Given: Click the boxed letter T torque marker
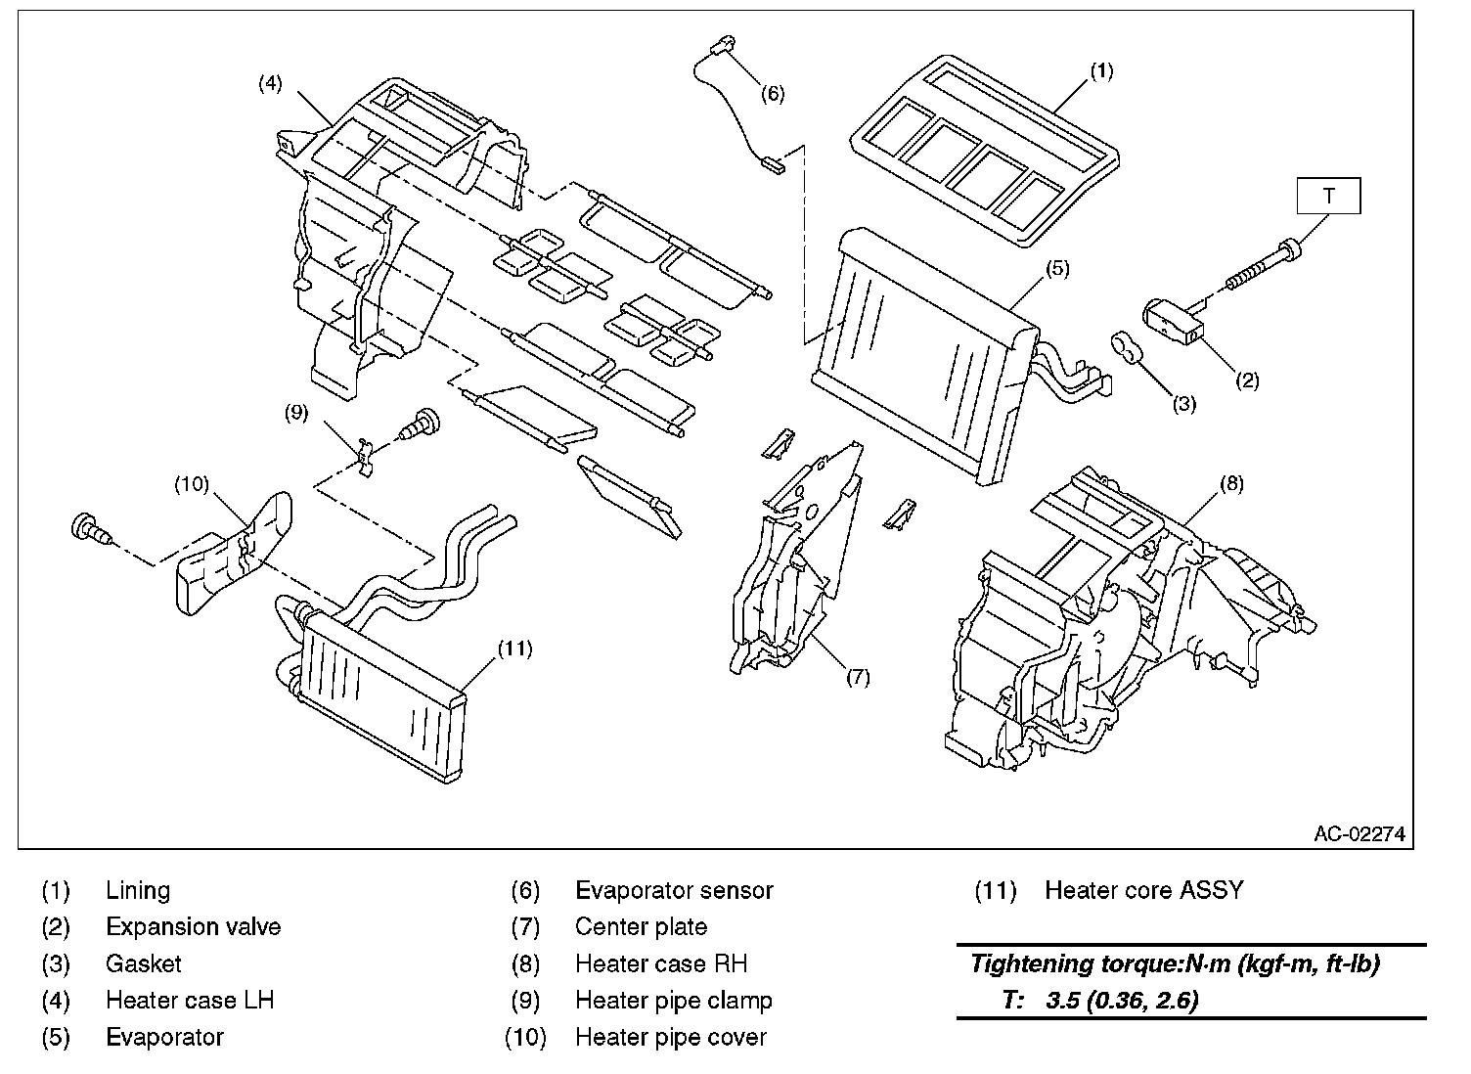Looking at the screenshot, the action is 1328,196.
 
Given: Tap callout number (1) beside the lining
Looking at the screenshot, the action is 1101,71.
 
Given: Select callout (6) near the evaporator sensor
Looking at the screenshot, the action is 773,94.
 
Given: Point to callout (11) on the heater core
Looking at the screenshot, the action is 514,649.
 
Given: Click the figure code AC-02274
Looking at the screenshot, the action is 1360,833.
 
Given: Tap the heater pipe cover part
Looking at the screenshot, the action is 234,554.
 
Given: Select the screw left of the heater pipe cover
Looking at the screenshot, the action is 92,529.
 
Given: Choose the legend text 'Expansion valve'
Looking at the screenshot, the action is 193,927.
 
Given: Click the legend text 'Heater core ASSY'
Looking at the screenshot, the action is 1144,890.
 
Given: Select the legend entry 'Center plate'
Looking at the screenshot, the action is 641,927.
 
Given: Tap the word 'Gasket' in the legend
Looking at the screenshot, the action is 143,963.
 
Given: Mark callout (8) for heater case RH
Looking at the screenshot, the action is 1231,483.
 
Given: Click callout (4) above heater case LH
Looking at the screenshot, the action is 270,83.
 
